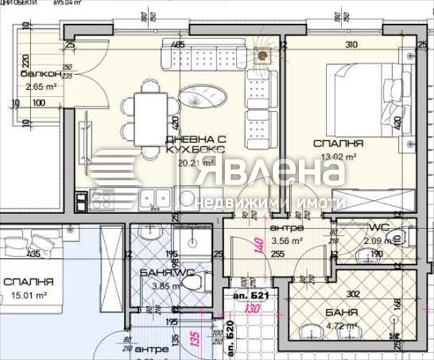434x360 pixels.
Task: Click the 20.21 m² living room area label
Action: [195, 163]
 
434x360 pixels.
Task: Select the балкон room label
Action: [39, 74]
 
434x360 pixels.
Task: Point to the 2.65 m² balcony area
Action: [39, 86]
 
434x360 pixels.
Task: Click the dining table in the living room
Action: [147, 119]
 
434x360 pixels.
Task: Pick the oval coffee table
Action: [201, 99]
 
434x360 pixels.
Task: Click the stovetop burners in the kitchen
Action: [103, 198]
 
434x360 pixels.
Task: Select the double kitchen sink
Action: [155, 197]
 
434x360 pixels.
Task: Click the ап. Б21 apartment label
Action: [251, 296]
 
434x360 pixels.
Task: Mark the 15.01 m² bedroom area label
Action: [32, 295]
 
